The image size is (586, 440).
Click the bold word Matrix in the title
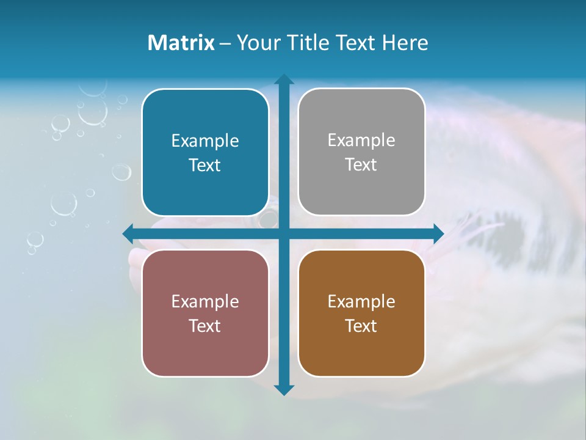point(181,43)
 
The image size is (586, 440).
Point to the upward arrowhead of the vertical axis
point(284,79)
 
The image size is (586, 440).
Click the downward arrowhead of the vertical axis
point(284,389)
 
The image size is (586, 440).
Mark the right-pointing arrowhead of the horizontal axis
point(438,233)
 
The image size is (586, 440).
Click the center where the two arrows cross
point(284,233)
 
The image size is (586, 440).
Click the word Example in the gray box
point(361,140)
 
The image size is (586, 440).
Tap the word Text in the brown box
point(361,326)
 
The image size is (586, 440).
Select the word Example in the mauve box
point(205,301)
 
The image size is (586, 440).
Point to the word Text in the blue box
point(205,165)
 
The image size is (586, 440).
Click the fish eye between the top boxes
point(269,217)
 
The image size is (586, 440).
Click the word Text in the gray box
point(361,164)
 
